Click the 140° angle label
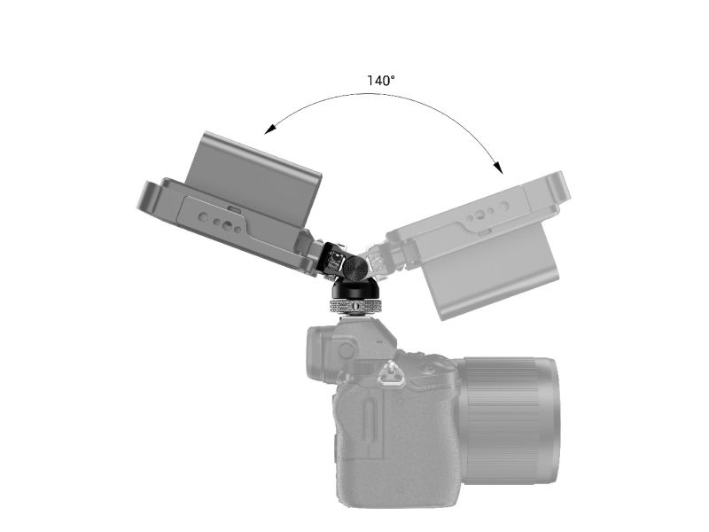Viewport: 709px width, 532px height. (x=381, y=81)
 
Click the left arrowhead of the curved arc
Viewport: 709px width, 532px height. (x=270, y=129)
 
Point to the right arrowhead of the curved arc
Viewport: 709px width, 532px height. (x=498, y=167)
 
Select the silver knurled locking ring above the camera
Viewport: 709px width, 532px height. (x=353, y=306)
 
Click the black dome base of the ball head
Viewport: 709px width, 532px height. (x=353, y=289)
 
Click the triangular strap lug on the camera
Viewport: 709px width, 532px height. (x=387, y=372)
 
